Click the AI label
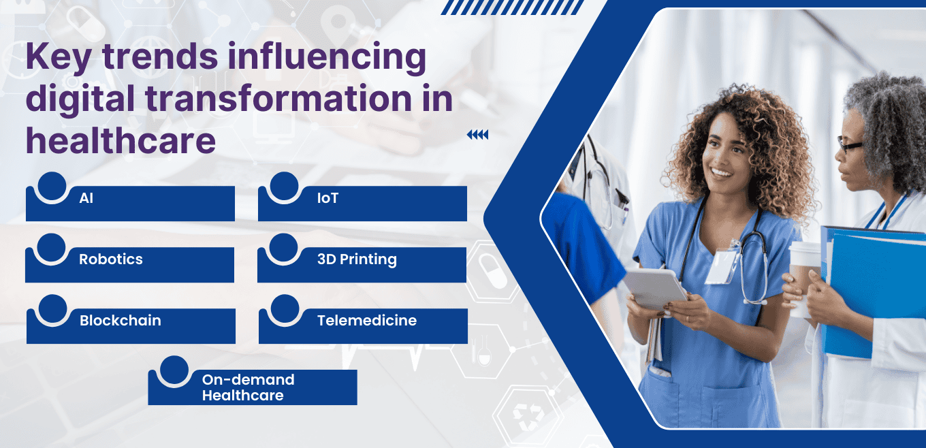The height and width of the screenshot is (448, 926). pyautogui.click(x=86, y=199)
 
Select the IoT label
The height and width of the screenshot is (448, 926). pyautogui.click(x=328, y=199)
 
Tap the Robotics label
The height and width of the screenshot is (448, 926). pyautogui.click(x=111, y=259)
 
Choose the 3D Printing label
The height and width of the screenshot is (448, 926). pyautogui.click(x=357, y=259)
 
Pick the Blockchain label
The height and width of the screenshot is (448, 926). pyautogui.click(x=121, y=320)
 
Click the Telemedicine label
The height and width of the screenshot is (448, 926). pyautogui.click(x=367, y=320)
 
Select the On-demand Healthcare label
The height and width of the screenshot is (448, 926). pyautogui.click(x=248, y=387)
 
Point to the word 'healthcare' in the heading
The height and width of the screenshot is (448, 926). pyautogui.click(x=121, y=141)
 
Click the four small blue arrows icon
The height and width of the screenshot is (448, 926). pyautogui.click(x=477, y=135)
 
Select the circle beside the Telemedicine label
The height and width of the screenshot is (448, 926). pyautogui.click(x=285, y=308)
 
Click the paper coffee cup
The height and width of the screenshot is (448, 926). pyautogui.click(x=803, y=272)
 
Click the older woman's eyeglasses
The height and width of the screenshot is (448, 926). pyautogui.click(x=849, y=145)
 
